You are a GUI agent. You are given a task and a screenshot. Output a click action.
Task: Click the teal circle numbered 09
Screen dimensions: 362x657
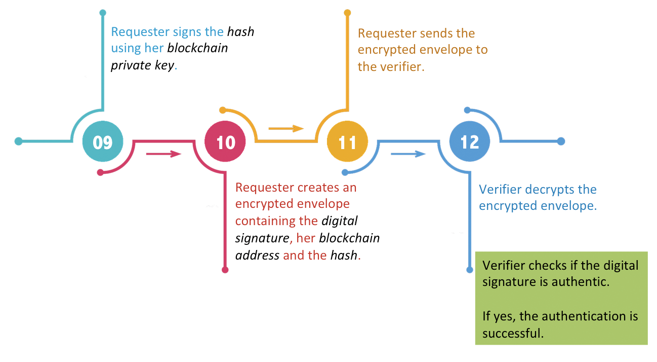103,142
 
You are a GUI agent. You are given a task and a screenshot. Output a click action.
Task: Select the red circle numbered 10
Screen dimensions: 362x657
225,142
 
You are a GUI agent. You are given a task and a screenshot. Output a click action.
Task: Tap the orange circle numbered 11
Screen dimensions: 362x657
347,142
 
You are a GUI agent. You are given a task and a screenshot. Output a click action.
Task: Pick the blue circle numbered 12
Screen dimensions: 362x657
470,142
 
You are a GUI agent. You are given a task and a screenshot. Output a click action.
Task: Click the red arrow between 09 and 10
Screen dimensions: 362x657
163,154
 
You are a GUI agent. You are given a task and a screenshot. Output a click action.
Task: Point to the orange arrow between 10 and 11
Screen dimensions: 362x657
286,129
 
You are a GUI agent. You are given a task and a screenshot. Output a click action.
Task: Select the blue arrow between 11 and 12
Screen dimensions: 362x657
408,154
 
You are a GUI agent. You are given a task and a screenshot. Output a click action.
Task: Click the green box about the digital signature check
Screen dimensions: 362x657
561,298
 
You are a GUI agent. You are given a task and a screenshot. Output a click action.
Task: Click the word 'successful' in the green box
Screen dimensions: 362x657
513,333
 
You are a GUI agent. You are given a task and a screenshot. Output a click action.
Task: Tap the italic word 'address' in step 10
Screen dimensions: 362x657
257,255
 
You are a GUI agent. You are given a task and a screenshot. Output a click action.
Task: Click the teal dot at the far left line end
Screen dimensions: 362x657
19,141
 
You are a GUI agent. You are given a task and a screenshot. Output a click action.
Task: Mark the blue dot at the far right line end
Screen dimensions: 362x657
561,141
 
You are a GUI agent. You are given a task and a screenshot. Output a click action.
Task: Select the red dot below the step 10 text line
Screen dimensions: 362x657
225,270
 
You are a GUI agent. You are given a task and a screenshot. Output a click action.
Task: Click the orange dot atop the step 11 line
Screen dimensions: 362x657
347,13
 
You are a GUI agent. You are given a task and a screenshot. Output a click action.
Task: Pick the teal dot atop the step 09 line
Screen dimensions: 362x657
103,13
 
